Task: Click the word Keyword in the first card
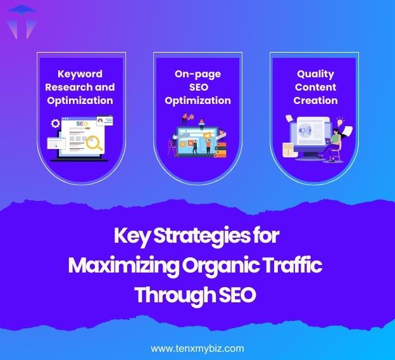click(x=79, y=74)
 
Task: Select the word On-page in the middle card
click(x=197, y=74)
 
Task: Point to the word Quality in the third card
click(x=315, y=74)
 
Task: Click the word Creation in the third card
click(x=315, y=100)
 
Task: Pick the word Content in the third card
click(x=315, y=87)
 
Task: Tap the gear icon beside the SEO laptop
click(x=55, y=124)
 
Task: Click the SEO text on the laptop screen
click(x=81, y=124)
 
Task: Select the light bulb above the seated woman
click(x=339, y=120)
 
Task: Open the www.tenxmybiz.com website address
click(x=197, y=348)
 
